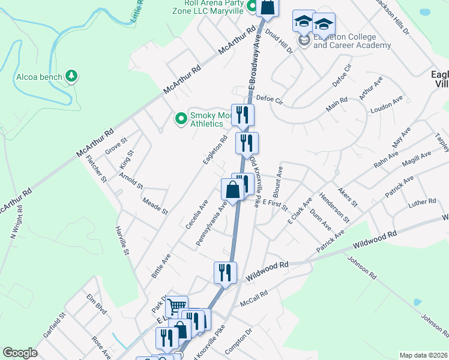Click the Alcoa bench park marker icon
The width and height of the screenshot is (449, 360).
coord(72,76)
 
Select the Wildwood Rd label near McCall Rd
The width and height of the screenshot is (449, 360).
coord(267,274)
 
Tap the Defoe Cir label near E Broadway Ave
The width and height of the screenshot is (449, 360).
coord(269,100)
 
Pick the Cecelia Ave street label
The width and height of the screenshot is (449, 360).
coord(196,214)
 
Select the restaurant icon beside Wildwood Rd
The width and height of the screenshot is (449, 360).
coord(225,272)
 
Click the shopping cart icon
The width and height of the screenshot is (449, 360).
coord(176,307)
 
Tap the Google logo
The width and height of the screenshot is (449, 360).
coord(20,353)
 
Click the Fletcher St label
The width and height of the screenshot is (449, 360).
coord(97,169)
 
